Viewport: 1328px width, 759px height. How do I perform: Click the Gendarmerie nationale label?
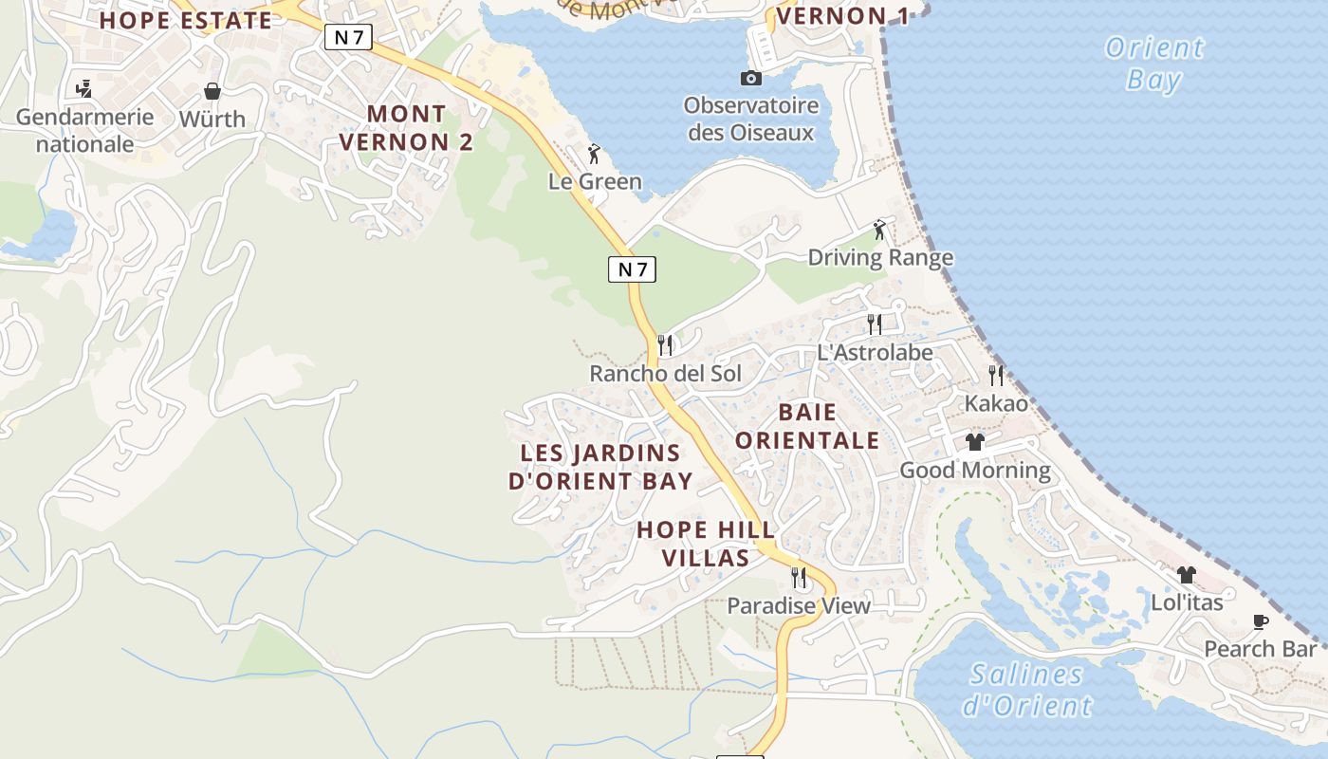[84, 131]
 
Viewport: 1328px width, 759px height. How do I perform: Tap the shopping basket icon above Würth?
[212, 91]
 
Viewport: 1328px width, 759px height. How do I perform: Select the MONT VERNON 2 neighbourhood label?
[406, 128]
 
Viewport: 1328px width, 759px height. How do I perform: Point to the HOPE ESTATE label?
[186, 20]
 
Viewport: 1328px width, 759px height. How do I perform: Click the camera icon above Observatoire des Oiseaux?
[751, 78]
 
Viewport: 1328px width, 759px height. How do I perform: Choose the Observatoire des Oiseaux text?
[751, 119]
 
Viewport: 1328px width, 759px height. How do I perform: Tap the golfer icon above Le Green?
[595, 154]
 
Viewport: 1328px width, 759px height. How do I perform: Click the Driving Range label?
[880, 257]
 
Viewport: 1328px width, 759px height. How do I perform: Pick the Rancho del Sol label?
[665, 373]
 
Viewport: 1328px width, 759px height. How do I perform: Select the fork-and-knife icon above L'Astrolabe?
[875, 324]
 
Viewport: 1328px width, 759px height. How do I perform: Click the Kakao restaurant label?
[996, 403]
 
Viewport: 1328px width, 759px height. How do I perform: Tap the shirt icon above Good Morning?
[975, 442]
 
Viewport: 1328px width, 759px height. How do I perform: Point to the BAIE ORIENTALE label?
[807, 426]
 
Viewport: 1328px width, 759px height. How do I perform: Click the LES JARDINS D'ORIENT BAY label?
[600, 467]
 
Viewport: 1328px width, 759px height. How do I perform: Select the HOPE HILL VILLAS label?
[706, 544]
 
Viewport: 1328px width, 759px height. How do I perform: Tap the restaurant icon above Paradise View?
[799, 577]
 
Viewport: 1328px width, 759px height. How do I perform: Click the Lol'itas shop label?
[1187, 602]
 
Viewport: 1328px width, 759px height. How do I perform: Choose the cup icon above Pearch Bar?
[1260, 622]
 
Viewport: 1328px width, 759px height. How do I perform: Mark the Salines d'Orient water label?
[1027, 690]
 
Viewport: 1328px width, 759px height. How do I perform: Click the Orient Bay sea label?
[1154, 63]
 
